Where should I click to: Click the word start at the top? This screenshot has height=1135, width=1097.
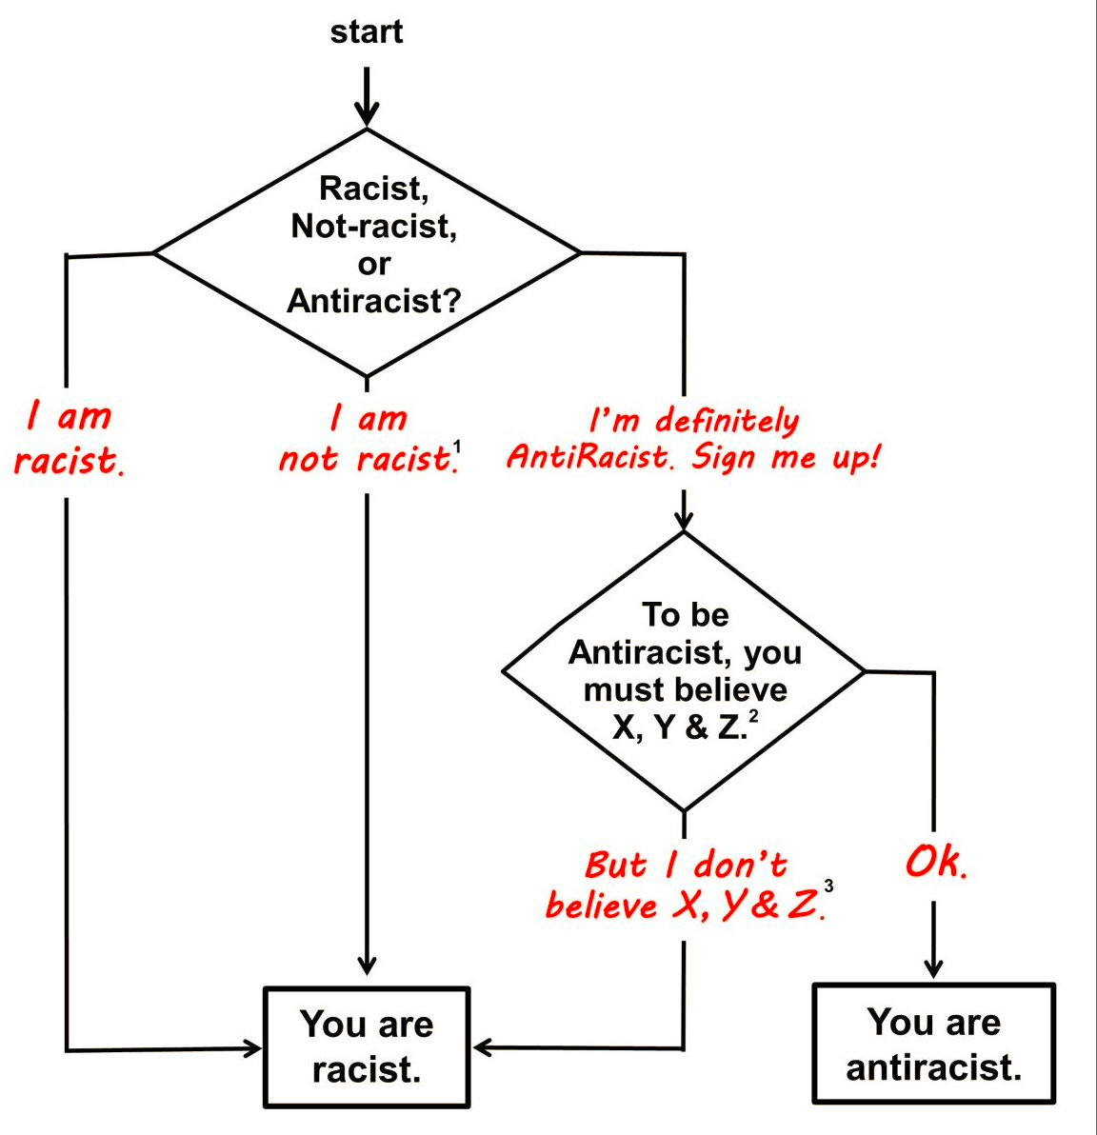click(367, 32)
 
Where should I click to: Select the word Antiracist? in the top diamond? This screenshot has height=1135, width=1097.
click(373, 301)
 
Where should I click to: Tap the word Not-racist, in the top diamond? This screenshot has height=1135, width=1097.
click(373, 227)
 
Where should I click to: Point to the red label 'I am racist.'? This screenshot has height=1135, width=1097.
click(68, 439)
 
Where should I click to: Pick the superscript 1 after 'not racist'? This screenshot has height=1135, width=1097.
click(457, 446)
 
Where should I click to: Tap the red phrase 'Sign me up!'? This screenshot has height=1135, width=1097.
click(786, 457)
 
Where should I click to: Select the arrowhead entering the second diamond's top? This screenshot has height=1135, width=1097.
click(684, 519)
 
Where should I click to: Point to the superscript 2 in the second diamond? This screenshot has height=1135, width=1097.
click(753, 715)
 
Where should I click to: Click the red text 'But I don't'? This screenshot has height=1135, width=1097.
click(686, 865)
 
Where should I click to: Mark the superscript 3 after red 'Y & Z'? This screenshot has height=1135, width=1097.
click(828, 887)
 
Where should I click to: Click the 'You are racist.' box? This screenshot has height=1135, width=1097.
click(367, 1046)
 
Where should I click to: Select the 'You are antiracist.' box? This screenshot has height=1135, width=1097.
click(933, 1044)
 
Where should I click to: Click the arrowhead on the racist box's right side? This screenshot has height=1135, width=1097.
click(483, 1048)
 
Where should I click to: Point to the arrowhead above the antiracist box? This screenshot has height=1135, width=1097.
click(933, 967)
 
